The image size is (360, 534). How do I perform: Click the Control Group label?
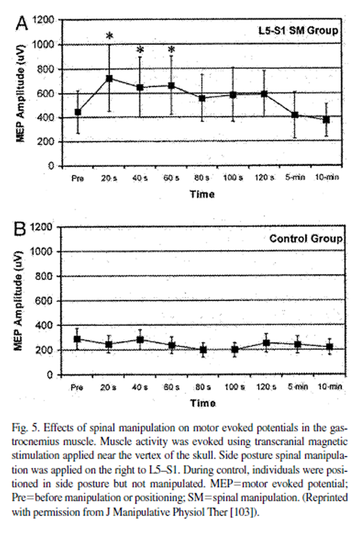306,238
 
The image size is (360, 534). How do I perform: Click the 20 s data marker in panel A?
109,78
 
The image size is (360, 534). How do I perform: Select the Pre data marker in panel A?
78,112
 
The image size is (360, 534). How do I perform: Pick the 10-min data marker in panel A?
326,120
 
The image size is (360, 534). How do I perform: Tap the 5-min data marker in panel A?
295,115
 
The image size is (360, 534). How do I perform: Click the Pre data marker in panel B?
78,339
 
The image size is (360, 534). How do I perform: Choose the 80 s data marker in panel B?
202,349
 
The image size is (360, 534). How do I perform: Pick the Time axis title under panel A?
202,195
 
